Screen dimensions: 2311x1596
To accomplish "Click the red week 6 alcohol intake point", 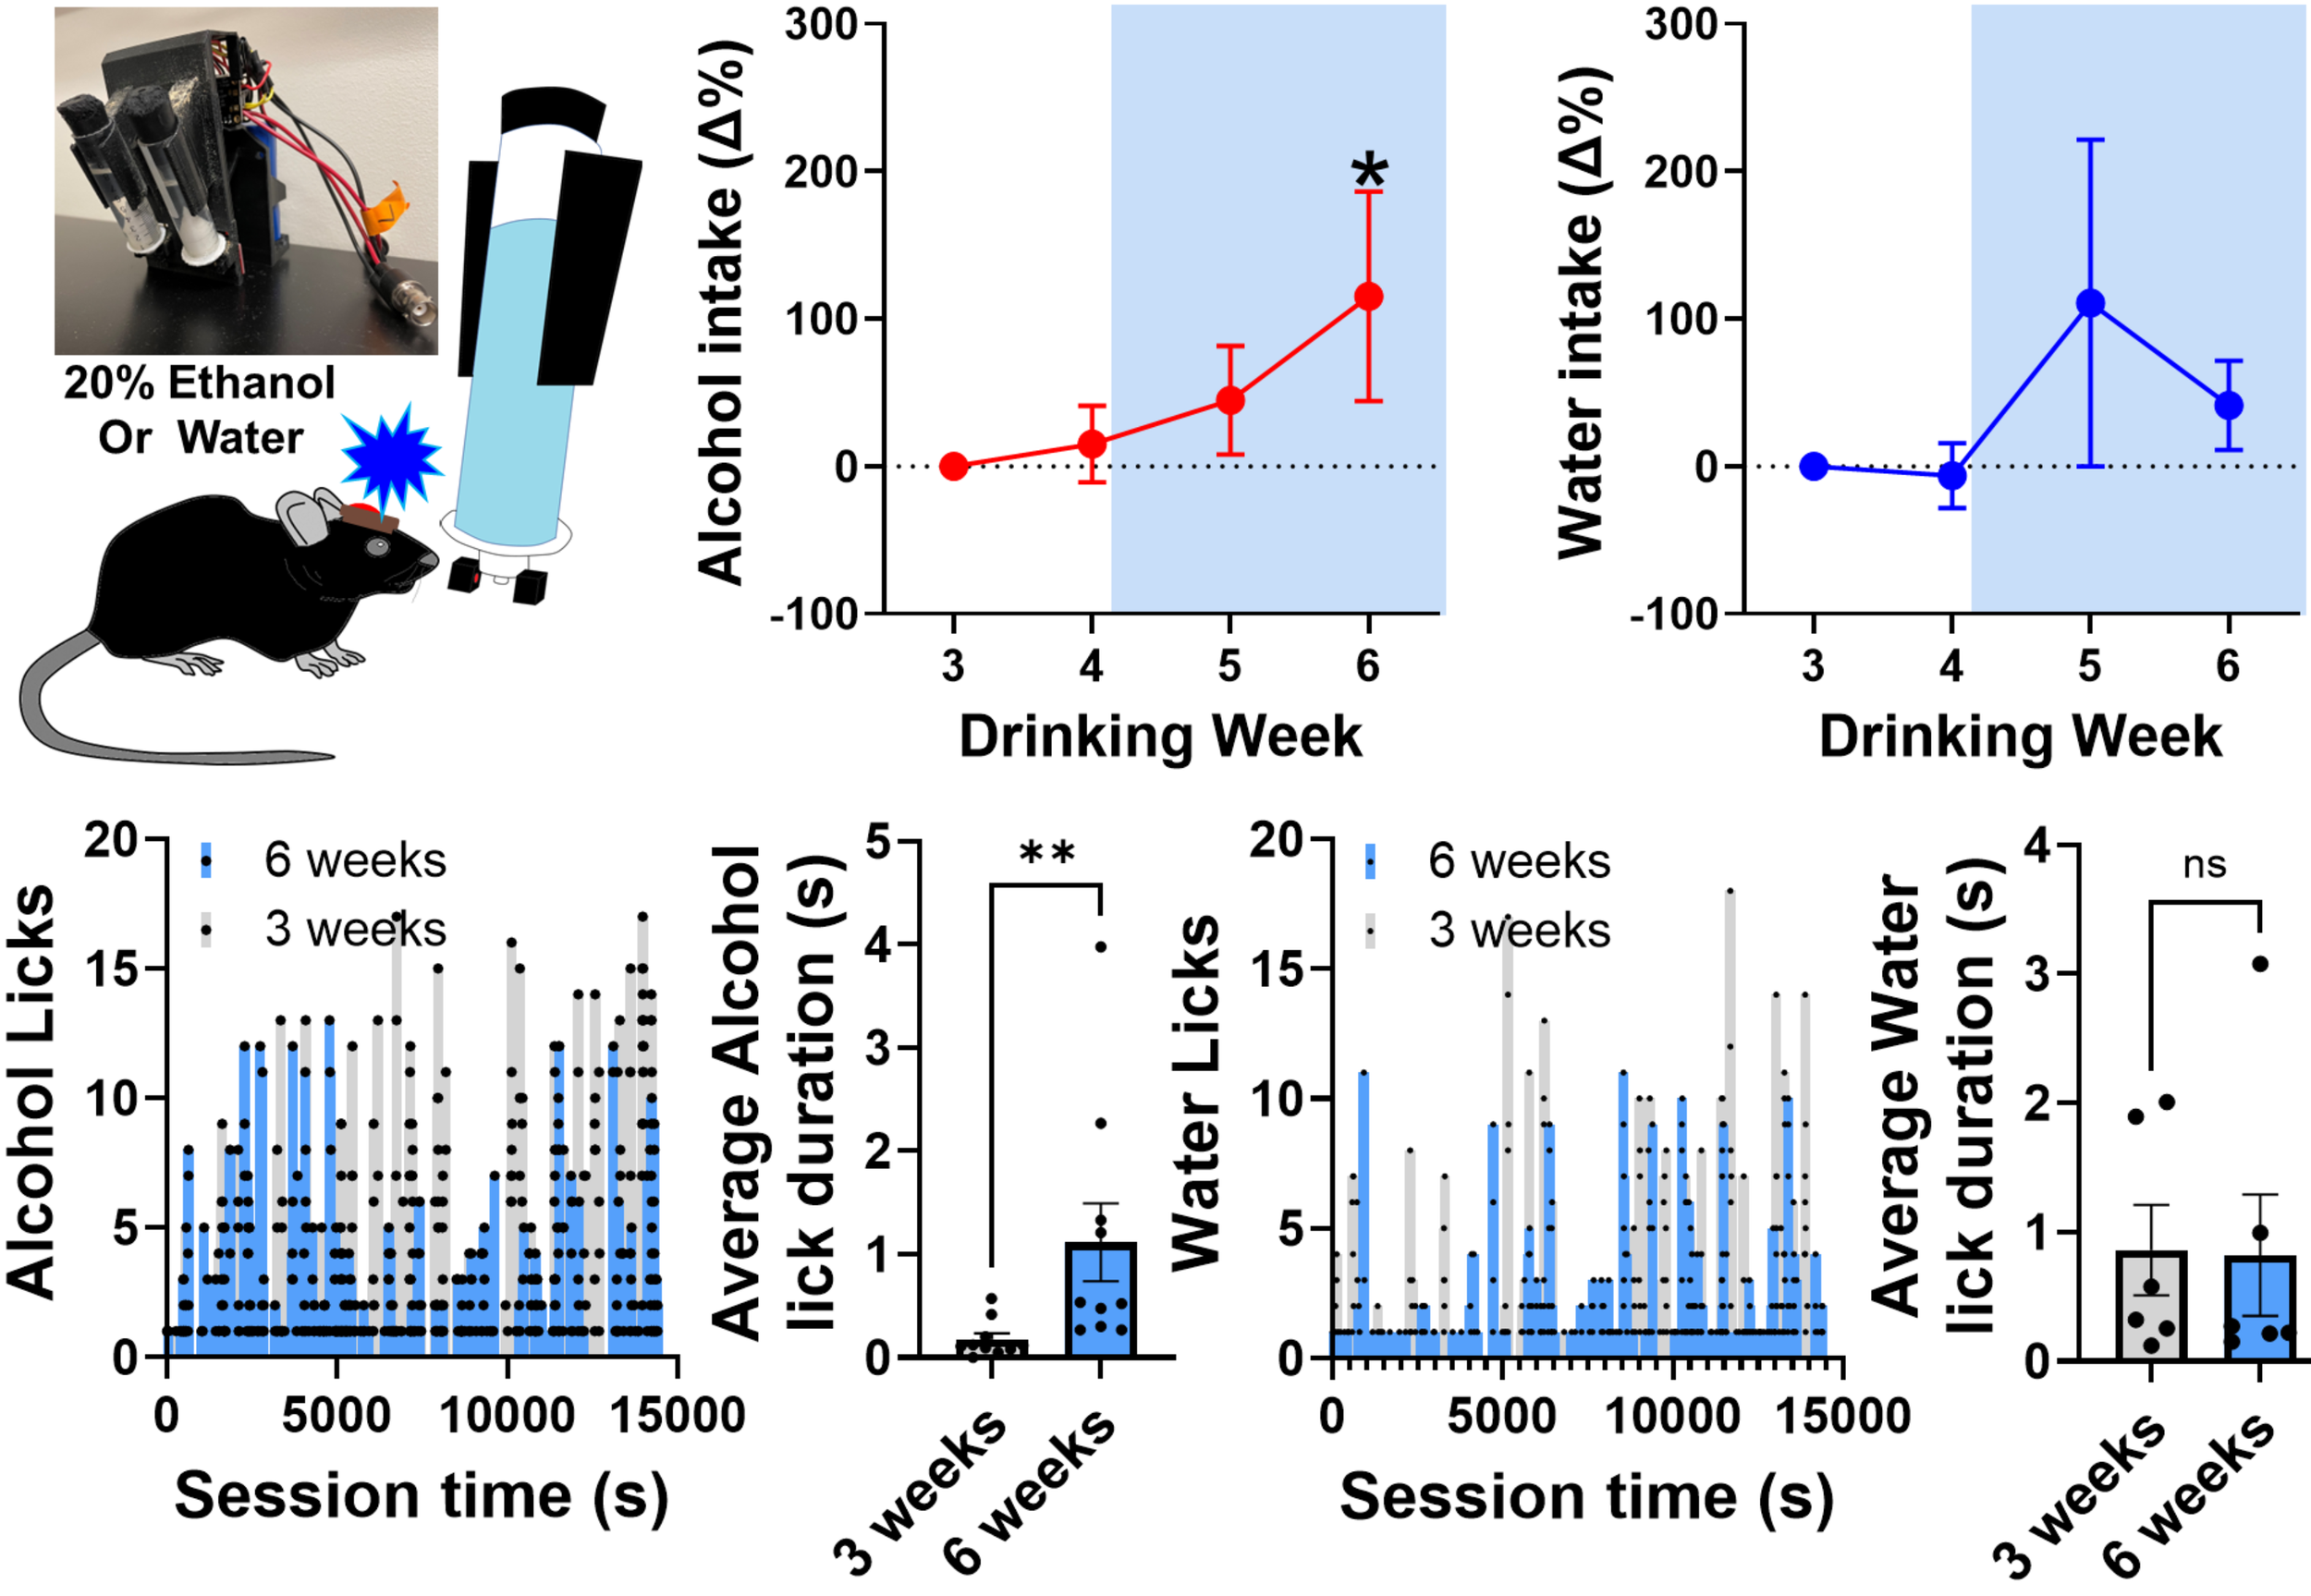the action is point(1368,296).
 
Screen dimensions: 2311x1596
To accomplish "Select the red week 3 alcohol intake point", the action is point(954,466).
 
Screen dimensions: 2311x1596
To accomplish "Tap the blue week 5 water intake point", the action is point(2090,303).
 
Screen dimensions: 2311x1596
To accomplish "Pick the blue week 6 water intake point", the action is point(2228,405).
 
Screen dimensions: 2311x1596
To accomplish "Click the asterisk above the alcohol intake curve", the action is point(1369,171).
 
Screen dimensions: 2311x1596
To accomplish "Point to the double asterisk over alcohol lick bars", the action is point(1047,854).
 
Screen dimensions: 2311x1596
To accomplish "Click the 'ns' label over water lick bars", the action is point(2205,865).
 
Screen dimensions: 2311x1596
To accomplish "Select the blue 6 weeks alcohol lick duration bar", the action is point(1101,1299).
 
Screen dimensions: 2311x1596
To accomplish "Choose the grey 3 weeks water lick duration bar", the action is point(2151,1305).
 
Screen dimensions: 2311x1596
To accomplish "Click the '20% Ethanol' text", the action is point(199,383).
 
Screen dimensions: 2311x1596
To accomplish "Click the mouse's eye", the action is point(378,547).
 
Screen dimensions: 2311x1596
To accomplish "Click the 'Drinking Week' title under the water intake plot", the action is point(2020,737).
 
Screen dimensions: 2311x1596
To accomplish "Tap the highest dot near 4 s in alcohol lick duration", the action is point(1101,947).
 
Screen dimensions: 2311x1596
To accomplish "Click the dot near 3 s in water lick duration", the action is point(2260,964).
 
